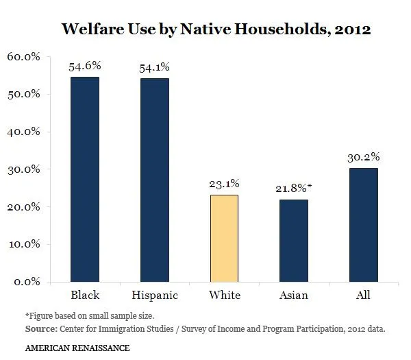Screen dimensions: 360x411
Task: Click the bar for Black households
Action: pyautogui.click(x=85, y=179)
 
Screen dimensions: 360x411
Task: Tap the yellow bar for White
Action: pyautogui.click(x=224, y=238)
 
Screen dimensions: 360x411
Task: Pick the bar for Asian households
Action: pyautogui.click(x=294, y=240)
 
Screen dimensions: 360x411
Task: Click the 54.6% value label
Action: pyautogui.click(x=85, y=67)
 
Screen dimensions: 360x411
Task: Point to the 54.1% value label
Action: pyautogui.click(x=155, y=67)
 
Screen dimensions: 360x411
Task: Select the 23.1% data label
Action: pyautogui.click(x=224, y=184)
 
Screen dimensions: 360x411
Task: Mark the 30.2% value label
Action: pyautogui.click(x=364, y=157)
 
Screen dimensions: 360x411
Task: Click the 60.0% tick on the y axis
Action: pyautogui.click(x=25, y=57)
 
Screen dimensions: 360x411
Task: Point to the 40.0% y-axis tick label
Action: pyautogui.click(x=25, y=132)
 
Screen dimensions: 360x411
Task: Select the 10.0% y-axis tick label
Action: pyautogui.click(x=25, y=244)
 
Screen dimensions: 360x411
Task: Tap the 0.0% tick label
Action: pyautogui.click(x=27, y=282)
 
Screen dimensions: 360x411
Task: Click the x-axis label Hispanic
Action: pyautogui.click(x=155, y=296)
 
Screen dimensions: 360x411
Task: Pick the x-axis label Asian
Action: pyautogui.click(x=294, y=296)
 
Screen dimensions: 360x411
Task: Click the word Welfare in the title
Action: pyautogui.click(x=94, y=29)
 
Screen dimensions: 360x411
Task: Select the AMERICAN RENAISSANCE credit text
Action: pyautogui.click(x=77, y=348)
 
